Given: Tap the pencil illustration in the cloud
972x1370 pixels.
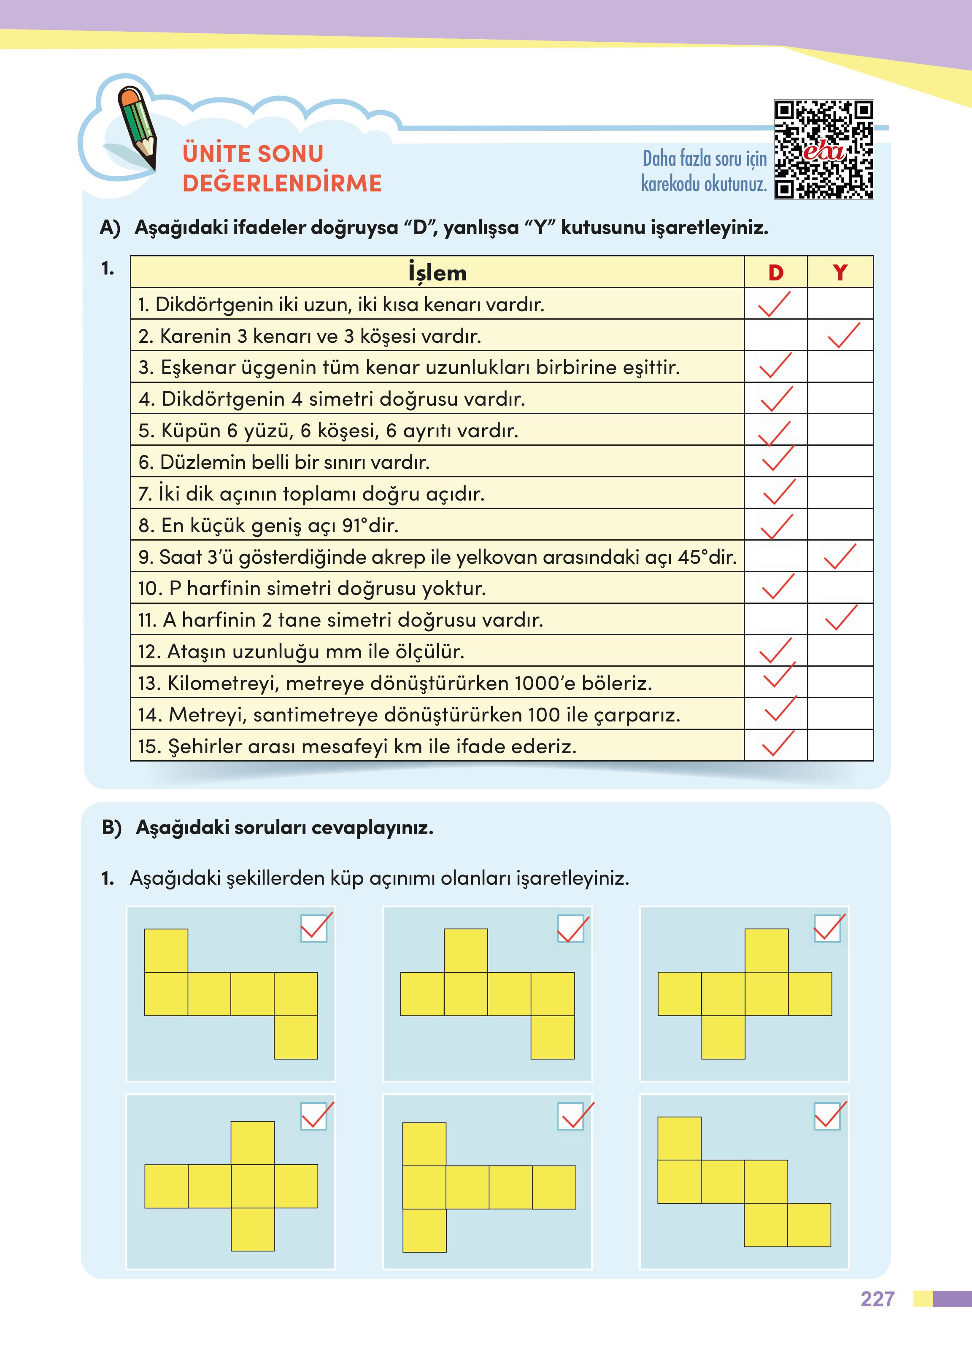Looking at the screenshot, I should point(138,127).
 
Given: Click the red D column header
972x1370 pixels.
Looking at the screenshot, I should point(776,273).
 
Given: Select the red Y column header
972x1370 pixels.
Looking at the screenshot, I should point(840,273).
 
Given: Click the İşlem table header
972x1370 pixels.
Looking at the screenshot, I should point(437,273).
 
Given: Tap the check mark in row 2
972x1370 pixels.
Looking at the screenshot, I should point(843,336).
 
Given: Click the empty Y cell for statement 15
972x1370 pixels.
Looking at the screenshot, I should point(840,746).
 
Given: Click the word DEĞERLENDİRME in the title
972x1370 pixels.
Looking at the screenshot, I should point(282,183).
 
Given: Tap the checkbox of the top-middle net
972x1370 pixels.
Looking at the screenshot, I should point(570,929).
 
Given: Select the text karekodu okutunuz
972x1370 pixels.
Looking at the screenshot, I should point(703,184).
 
